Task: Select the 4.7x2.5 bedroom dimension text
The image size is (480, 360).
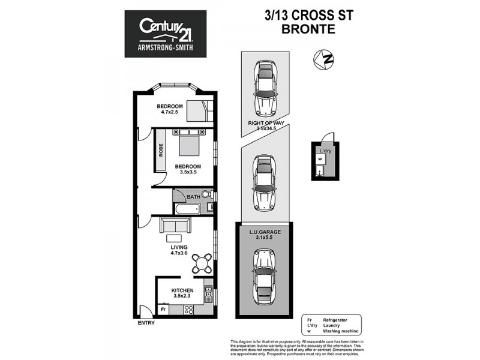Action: (170, 112)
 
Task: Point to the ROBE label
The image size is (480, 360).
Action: (161, 149)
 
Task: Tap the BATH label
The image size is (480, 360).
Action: (193, 197)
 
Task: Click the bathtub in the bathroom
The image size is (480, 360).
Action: (187, 209)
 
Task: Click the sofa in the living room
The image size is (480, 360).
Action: (175, 226)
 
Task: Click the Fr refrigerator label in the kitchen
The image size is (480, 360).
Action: (162, 310)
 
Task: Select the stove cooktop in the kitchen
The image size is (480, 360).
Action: (188, 310)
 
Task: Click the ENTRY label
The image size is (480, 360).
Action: (146, 323)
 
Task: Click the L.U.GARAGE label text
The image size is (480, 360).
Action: (265, 231)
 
